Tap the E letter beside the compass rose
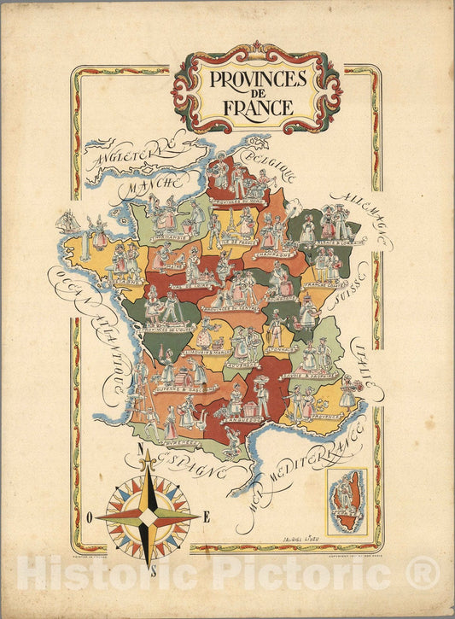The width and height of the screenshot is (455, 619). click(x=206, y=515)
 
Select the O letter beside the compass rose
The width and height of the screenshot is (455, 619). click(x=89, y=516)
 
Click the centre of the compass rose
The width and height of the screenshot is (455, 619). click(x=148, y=517)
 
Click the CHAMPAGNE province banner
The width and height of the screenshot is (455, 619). click(x=274, y=254)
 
